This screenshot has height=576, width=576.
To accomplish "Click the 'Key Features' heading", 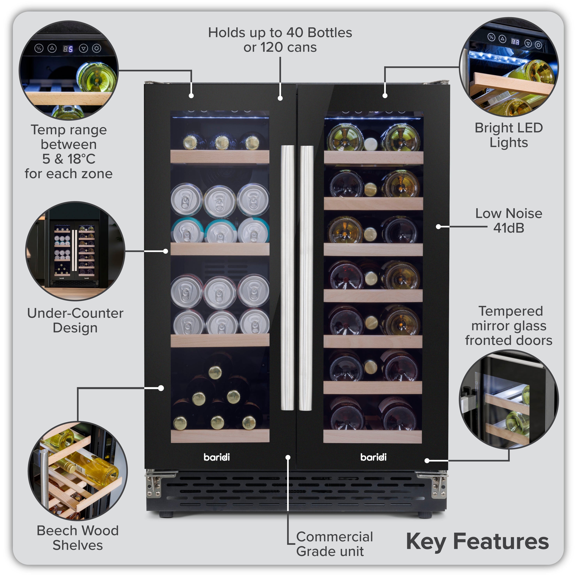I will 477,541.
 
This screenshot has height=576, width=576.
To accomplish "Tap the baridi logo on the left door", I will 217,457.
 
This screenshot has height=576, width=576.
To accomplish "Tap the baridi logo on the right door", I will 373,457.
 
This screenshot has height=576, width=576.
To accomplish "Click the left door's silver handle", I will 287,277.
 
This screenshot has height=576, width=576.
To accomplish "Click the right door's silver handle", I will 306,277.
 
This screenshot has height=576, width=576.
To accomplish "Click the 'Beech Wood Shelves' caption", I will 78,538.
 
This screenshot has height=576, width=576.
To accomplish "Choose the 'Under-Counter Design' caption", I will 75,320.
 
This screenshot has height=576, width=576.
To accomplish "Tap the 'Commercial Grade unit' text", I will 334,544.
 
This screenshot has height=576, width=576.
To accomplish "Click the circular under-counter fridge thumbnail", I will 75,251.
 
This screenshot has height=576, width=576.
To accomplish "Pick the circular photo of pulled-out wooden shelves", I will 78,471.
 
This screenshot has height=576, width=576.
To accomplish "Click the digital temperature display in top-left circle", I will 68,49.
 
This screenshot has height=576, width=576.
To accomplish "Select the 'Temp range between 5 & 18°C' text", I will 69,152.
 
